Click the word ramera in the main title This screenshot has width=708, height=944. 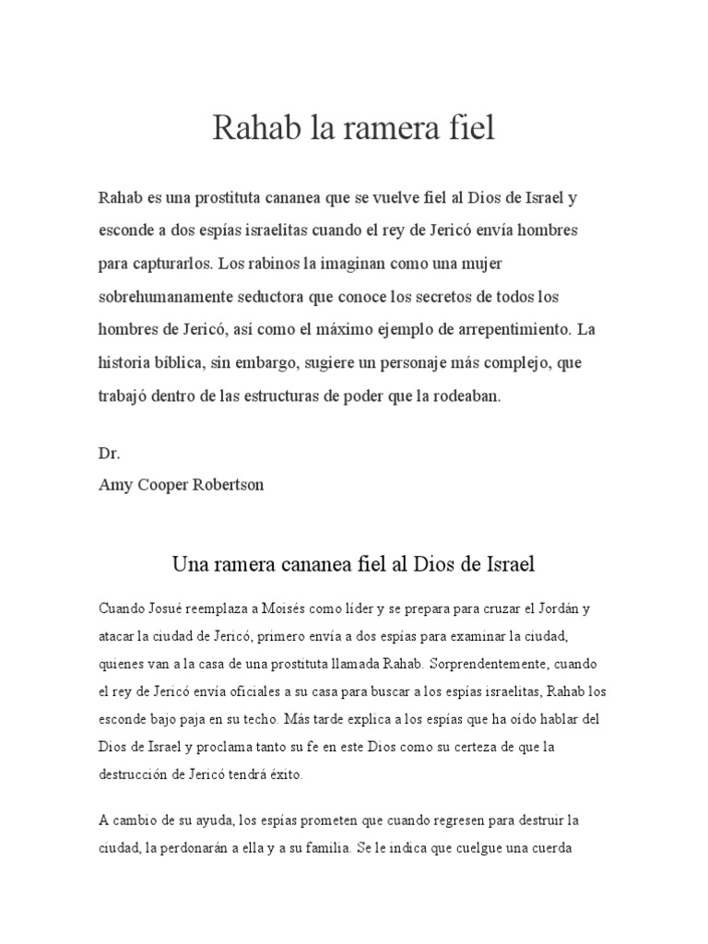tap(384, 128)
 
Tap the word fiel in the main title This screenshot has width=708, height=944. tap(471, 128)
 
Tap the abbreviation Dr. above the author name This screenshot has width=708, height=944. tap(109, 454)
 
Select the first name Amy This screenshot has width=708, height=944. tap(114, 485)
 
